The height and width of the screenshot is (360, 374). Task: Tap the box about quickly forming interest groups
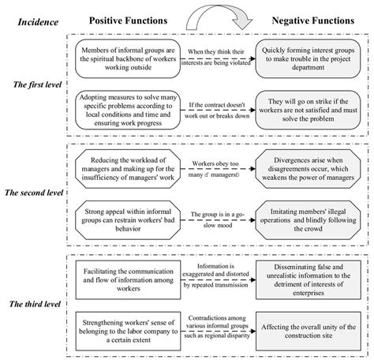(x=309, y=58)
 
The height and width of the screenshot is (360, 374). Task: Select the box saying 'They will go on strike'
(x=309, y=108)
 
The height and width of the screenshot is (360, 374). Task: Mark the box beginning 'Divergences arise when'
(x=309, y=167)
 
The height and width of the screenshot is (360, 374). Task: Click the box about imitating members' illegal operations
(x=309, y=217)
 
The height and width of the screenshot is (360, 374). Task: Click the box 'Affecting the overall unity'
(x=309, y=325)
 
